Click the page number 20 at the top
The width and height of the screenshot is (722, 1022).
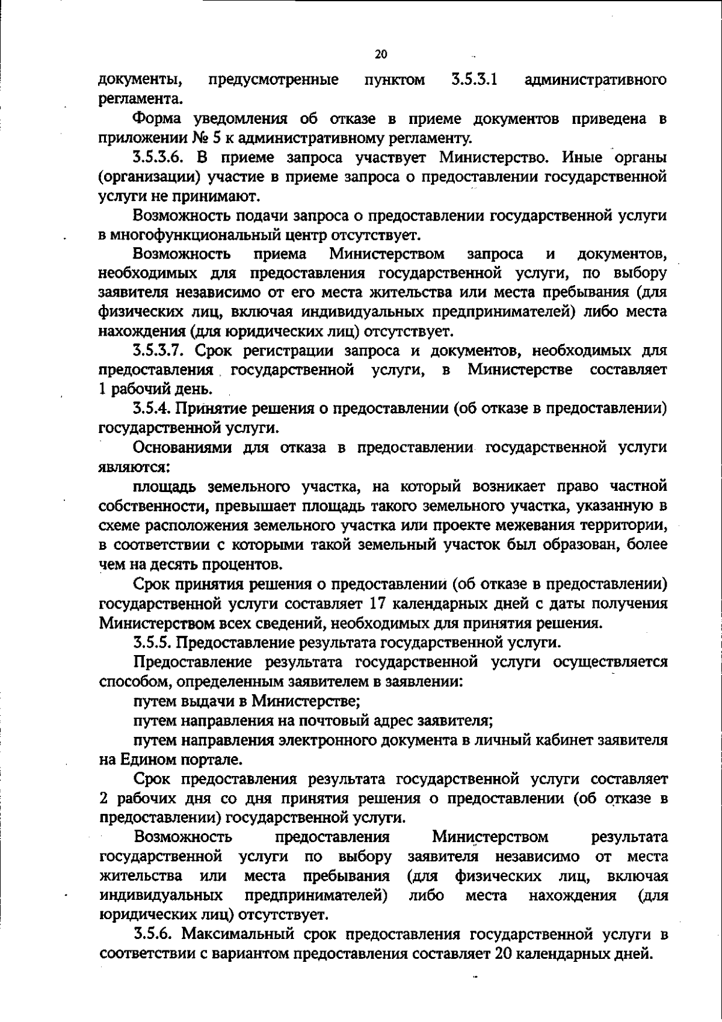(x=381, y=55)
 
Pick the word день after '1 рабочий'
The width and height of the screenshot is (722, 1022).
(x=194, y=389)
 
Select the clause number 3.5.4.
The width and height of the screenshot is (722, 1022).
(x=153, y=408)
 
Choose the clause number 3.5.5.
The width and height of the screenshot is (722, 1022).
(x=153, y=642)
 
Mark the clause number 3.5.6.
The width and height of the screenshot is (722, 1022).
(x=153, y=935)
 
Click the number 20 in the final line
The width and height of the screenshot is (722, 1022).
(x=503, y=954)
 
